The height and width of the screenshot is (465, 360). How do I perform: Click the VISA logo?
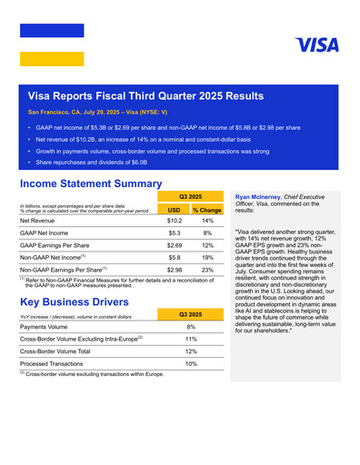click(316, 45)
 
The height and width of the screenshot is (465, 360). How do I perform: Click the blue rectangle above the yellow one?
click(52, 30)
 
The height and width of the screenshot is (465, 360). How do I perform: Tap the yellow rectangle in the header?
click(52, 59)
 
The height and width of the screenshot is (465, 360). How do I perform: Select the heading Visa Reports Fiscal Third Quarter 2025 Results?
click(145, 94)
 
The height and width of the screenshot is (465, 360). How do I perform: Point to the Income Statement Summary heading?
click(90, 183)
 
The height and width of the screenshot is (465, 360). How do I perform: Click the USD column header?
click(175, 210)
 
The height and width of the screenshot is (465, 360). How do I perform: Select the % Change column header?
click(207, 210)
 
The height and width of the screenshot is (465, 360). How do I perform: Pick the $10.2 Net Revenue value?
click(175, 221)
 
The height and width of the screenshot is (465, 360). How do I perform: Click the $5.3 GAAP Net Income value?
click(175, 233)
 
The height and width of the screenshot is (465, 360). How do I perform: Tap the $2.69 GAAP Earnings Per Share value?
click(175, 245)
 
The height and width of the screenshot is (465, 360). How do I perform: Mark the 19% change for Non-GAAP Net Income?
click(207, 258)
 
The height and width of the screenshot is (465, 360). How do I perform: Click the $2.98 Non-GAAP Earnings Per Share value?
click(175, 270)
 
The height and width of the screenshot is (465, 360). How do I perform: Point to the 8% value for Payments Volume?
click(191, 326)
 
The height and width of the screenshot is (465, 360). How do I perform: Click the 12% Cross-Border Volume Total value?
click(191, 351)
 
